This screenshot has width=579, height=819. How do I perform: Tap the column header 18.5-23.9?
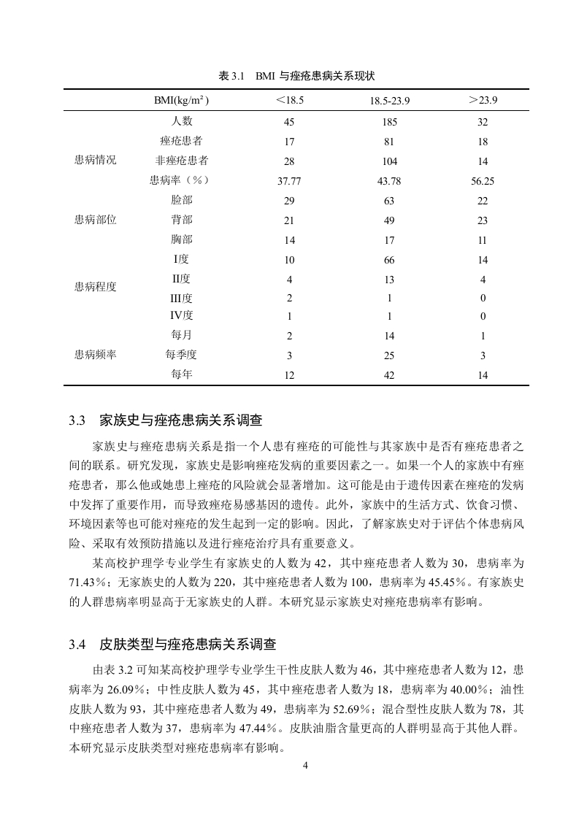point(389,100)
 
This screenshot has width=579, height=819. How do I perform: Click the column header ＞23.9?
point(483,99)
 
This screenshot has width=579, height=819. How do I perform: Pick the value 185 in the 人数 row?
point(389,123)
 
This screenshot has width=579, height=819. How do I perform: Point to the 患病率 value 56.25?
point(483,181)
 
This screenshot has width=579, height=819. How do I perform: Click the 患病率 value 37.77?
point(290,181)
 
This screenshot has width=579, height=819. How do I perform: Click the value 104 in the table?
point(389,161)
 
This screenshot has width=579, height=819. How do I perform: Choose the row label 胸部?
point(182,239)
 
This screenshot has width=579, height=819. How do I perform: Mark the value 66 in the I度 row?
point(389,259)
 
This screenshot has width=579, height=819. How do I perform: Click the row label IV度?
point(182,316)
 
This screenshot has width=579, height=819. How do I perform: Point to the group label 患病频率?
point(96,355)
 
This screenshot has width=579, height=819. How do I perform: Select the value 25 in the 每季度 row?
point(389,355)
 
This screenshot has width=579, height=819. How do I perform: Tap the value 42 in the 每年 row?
point(389,375)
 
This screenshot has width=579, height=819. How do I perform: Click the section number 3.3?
point(78,420)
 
